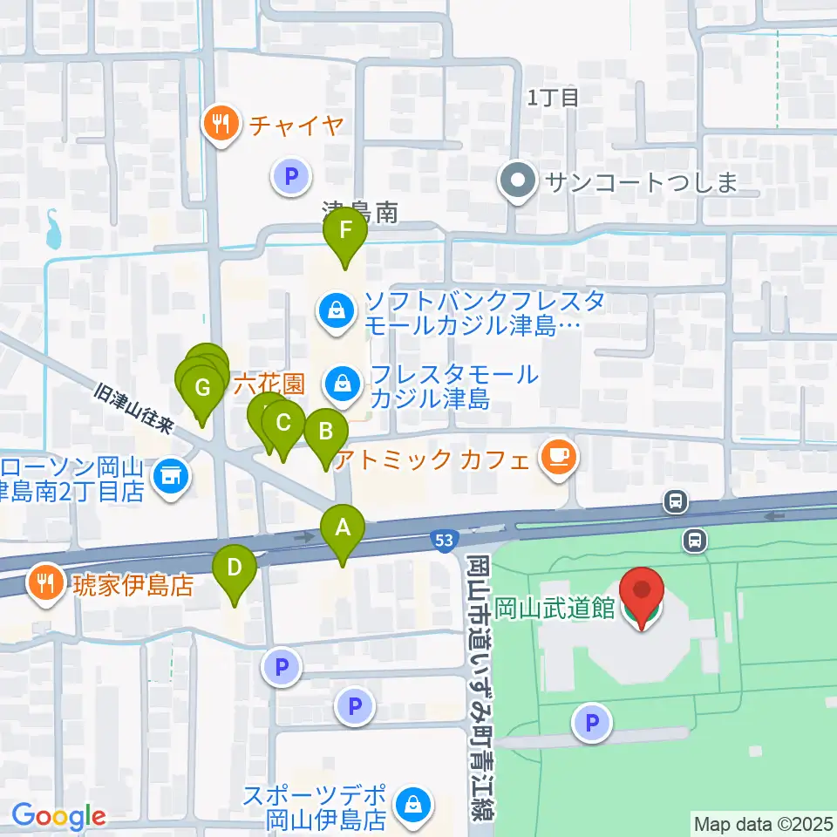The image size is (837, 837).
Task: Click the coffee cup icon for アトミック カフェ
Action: (556, 458)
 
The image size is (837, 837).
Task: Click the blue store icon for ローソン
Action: (169, 476)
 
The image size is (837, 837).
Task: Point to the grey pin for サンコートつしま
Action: (518, 181)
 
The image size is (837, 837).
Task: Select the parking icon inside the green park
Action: (592, 723)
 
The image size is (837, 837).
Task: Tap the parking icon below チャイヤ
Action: (291, 179)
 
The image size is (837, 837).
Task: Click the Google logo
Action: (58, 817)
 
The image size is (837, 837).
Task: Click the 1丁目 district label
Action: (553, 97)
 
